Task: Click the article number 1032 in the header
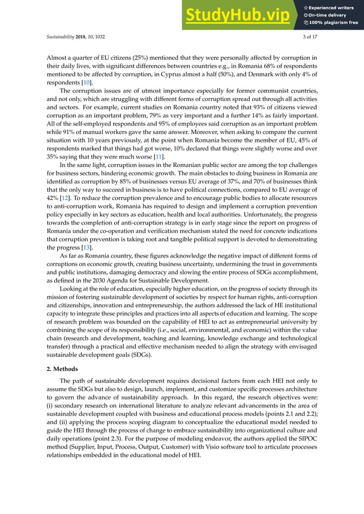coord(98,38)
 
